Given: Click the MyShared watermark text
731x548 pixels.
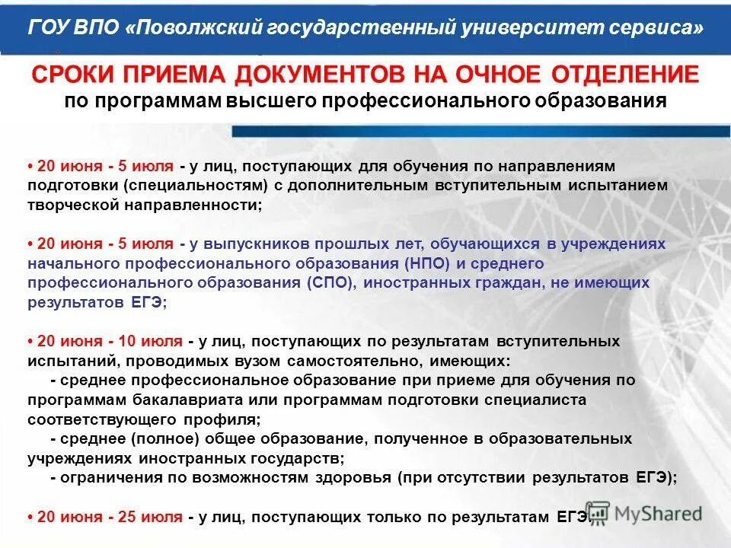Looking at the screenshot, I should [x=660, y=513].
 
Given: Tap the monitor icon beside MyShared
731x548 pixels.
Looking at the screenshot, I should [x=599, y=513].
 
